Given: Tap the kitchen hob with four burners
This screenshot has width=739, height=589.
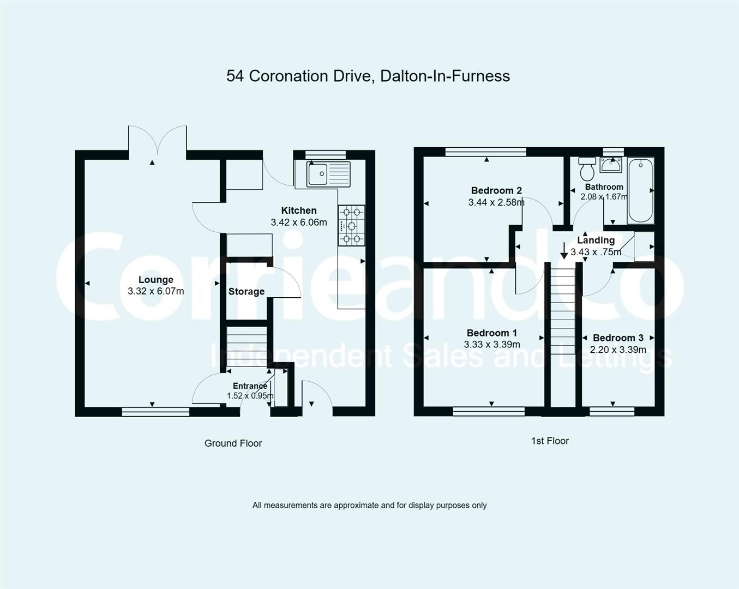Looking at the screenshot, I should pyautogui.click(x=351, y=225).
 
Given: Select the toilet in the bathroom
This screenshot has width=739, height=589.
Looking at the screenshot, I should pyautogui.click(x=587, y=170).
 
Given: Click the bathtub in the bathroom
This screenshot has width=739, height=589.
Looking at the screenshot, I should pyautogui.click(x=640, y=190).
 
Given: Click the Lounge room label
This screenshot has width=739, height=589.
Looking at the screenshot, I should pyautogui.click(x=155, y=280).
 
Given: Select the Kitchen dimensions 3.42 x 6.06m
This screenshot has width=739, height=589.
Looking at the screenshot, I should pyautogui.click(x=299, y=223).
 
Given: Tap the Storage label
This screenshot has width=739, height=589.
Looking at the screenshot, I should pyautogui.click(x=247, y=292).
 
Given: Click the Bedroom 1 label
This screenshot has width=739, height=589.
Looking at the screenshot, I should pyautogui.click(x=491, y=333).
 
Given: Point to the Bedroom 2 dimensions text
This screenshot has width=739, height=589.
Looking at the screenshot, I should pyautogui.click(x=496, y=202).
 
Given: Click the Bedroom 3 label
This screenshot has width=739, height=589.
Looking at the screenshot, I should pyautogui.click(x=618, y=338).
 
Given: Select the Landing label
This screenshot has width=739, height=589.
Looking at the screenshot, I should pyautogui.click(x=596, y=240).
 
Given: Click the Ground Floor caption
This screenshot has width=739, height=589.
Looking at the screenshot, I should pyautogui.click(x=233, y=443).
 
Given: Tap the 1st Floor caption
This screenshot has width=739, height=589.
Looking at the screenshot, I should pyautogui.click(x=550, y=441).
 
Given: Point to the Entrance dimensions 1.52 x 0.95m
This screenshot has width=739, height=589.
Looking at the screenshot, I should pyautogui.click(x=250, y=396).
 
